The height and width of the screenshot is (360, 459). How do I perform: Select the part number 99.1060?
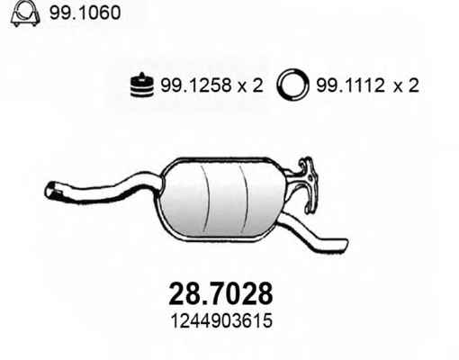tap(85, 13)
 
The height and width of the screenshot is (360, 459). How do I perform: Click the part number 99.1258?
tap(196, 85)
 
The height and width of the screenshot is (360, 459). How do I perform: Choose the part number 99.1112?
tap(351, 85)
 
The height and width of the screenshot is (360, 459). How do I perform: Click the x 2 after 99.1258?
tap(251, 85)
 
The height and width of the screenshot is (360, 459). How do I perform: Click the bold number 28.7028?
tap(221, 293)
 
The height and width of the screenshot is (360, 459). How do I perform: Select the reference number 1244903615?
tap(221, 320)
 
